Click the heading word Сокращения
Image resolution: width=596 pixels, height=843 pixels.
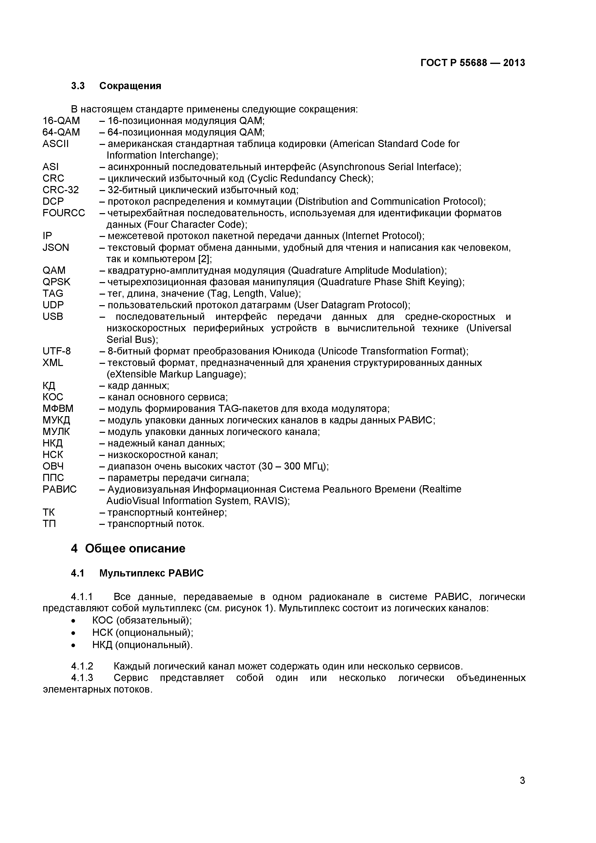(x=130, y=86)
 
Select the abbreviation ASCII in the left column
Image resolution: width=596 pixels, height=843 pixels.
(x=56, y=143)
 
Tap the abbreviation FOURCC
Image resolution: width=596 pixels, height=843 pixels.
(x=63, y=213)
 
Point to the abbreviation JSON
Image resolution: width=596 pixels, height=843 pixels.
(x=56, y=248)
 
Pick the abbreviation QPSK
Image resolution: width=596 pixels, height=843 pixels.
(x=56, y=282)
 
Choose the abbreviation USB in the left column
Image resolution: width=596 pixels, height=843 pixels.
(x=53, y=316)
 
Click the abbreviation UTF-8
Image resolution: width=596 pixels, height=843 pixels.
(x=56, y=351)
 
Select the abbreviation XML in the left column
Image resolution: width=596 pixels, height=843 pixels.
(x=53, y=363)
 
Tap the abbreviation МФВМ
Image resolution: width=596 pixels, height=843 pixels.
(x=58, y=409)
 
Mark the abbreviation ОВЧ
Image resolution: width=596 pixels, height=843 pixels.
(x=53, y=466)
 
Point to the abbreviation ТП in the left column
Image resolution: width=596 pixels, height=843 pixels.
(x=49, y=524)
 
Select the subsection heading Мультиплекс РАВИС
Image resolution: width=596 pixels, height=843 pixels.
(x=151, y=573)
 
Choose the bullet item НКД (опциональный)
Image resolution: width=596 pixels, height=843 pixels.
(x=142, y=645)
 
